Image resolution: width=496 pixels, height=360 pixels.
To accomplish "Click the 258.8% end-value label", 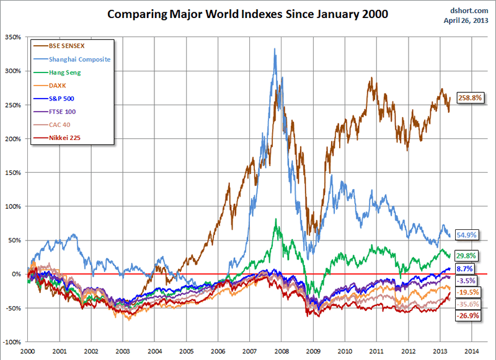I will click(x=470, y=98).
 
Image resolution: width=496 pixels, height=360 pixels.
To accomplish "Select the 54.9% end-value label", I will click(x=466, y=234).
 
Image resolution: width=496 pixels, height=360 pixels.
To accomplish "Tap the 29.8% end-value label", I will click(x=466, y=255).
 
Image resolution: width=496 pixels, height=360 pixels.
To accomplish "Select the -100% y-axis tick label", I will click(x=12, y=341).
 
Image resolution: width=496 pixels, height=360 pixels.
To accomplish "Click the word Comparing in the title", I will click(x=138, y=13).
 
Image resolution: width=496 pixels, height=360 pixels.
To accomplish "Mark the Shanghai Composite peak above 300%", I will click(x=275, y=49).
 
